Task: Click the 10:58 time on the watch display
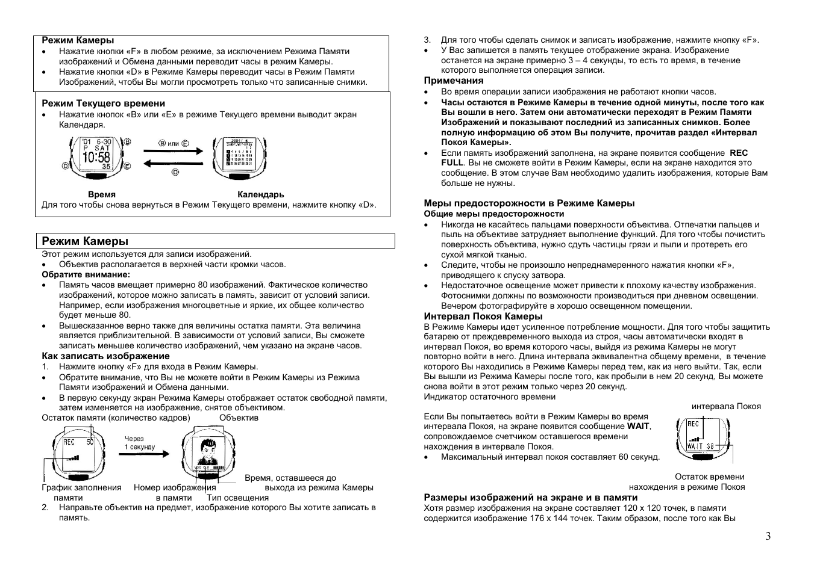tap(96, 158)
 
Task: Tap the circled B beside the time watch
tap(127, 142)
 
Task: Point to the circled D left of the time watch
tap(65, 165)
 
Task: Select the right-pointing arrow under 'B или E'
tap(173, 153)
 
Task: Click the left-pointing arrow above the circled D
tap(173, 163)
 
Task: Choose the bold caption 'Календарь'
tap(260, 194)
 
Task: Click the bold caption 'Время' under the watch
tap(101, 194)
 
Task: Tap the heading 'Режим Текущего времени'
tap(103, 103)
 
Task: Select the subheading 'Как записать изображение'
tap(105, 356)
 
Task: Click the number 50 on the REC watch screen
tap(90, 442)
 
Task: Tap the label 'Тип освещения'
tap(237, 498)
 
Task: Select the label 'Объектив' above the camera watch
tap(239, 418)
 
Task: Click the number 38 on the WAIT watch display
tap(710, 446)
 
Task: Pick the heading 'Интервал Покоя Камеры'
tap(483, 316)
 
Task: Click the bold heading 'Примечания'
tap(454, 81)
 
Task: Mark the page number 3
tap(768, 536)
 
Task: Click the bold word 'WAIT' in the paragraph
tap(638, 426)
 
